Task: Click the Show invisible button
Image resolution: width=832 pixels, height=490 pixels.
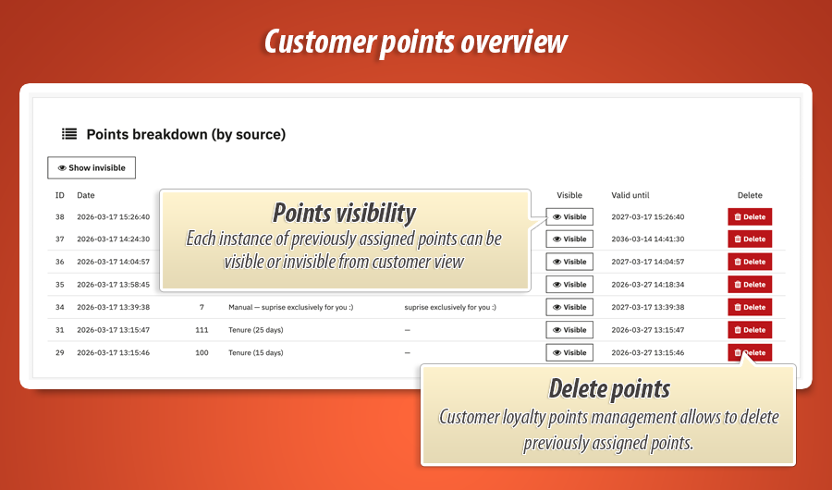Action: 92,168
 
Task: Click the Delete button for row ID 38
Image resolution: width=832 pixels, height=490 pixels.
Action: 750,216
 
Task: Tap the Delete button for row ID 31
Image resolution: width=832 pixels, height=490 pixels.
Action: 750,330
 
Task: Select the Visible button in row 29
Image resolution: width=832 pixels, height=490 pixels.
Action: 569,352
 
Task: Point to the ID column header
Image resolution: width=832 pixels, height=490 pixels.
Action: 59,195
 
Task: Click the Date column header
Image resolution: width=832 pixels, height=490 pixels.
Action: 85,195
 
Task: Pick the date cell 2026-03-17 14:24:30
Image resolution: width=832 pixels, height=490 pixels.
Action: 113,239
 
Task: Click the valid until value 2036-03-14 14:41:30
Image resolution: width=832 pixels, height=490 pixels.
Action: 648,239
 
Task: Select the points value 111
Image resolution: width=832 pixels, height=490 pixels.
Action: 202,330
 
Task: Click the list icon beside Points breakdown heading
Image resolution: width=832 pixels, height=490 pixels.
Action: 69,134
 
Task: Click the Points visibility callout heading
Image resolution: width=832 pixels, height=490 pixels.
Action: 344,213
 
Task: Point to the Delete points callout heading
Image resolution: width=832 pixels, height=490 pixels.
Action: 608,388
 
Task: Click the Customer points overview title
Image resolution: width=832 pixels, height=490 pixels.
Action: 415,42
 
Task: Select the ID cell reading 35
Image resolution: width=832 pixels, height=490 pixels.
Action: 60,285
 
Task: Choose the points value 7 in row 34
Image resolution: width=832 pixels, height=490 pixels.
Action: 202,307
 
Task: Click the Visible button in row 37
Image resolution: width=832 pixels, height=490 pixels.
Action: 569,239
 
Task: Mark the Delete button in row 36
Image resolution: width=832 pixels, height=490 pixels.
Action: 750,262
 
